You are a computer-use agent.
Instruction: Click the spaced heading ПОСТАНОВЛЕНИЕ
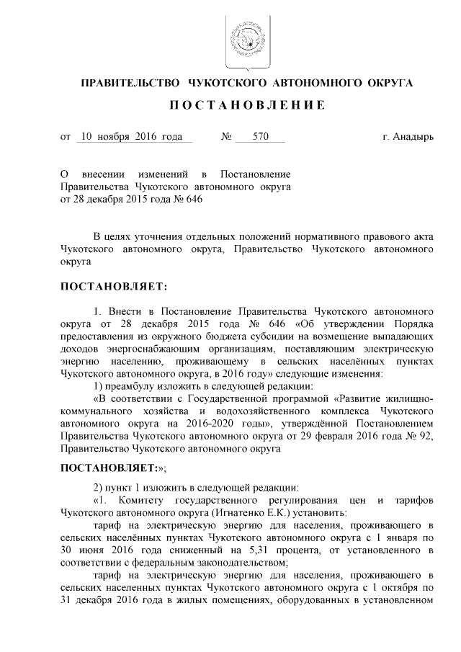tap(247, 105)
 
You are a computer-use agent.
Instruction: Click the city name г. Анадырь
tap(408, 135)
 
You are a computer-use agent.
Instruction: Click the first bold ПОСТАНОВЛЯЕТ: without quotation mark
tap(114, 287)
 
